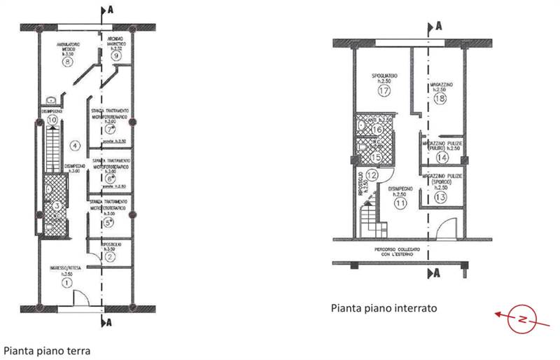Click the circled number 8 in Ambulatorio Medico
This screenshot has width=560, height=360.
(67, 62)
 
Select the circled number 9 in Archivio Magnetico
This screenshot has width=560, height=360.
(117, 55)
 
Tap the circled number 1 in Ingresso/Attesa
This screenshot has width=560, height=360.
(67, 282)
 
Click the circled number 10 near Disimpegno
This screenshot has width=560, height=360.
(52, 120)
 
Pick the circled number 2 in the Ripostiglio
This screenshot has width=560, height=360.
(111, 256)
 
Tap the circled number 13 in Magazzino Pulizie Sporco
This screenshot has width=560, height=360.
(440, 198)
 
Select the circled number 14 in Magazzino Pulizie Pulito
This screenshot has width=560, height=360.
(440, 158)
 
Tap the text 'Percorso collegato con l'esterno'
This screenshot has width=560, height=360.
(400, 254)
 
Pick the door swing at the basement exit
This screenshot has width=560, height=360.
(443, 228)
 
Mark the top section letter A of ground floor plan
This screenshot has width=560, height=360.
(109, 11)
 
